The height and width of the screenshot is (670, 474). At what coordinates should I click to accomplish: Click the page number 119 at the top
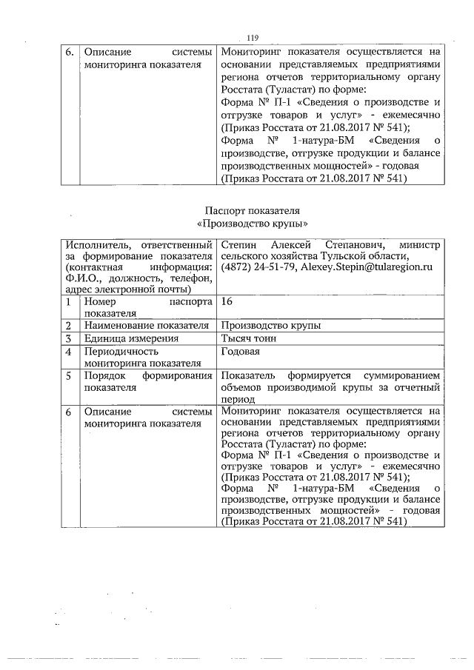tap(252, 38)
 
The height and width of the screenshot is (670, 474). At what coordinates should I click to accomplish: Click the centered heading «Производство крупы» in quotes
tap(252, 223)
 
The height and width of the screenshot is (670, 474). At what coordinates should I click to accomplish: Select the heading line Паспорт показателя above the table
tap(252, 211)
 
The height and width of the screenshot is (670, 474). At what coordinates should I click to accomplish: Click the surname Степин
tap(238, 244)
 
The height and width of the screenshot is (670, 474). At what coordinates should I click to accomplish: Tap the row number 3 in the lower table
tap(68, 338)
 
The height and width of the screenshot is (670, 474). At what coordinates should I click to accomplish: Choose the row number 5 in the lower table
tap(68, 375)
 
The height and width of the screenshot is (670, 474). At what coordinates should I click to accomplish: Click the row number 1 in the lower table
tap(68, 302)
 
